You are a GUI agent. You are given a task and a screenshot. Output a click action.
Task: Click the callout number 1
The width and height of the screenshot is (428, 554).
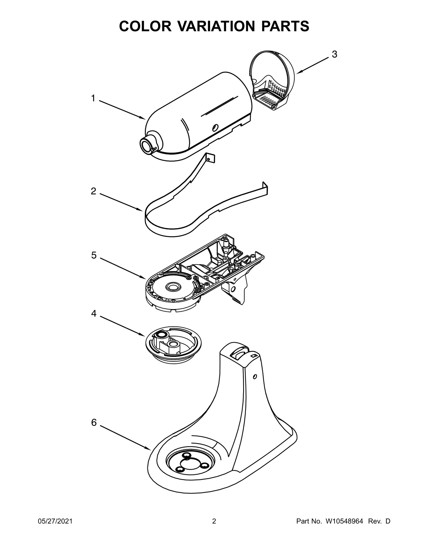click(x=93, y=99)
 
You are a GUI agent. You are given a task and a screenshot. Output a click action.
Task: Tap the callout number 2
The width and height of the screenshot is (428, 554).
click(x=93, y=191)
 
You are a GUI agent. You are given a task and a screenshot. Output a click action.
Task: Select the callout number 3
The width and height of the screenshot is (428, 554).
click(x=334, y=55)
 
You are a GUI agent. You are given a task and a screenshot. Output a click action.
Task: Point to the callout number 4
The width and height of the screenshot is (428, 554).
click(x=94, y=314)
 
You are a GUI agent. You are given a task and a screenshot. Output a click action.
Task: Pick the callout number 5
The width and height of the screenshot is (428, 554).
click(x=94, y=255)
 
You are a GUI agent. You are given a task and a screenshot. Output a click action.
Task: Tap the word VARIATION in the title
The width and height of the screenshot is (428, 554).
click(x=213, y=26)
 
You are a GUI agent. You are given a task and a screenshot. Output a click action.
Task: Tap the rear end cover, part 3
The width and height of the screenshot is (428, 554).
click(x=273, y=80)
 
